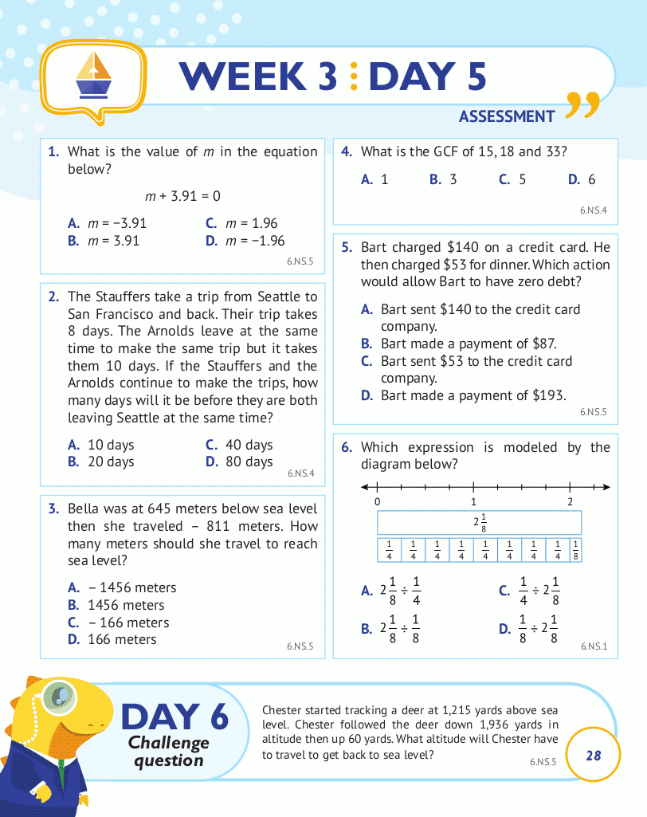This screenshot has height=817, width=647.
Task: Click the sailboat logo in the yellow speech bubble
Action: click(x=94, y=72)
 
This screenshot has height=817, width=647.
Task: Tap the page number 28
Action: click(x=593, y=755)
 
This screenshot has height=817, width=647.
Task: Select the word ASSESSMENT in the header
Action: click(x=506, y=116)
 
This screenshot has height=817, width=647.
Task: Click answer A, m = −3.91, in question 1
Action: click(x=108, y=223)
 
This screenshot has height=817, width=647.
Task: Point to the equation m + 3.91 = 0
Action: click(x=182, y=195)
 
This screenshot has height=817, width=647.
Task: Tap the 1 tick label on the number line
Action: click(x=474, y=501)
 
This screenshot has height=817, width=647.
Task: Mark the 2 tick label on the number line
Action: click(x=571, y=501)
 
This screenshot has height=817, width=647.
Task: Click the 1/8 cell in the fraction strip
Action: click(x=576, y=550)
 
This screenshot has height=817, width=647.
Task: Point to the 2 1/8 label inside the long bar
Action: click(x=479, y=522)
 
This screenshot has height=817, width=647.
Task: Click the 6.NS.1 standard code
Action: click(x=594, y=646)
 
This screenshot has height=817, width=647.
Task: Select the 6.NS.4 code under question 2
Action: click(x=300, y=473)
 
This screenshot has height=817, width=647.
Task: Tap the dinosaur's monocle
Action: click(x=57, y=696)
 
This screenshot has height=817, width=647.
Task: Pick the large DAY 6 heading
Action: click(x=174, y=717)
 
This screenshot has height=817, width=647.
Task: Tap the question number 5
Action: click(x=347, y=247)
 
